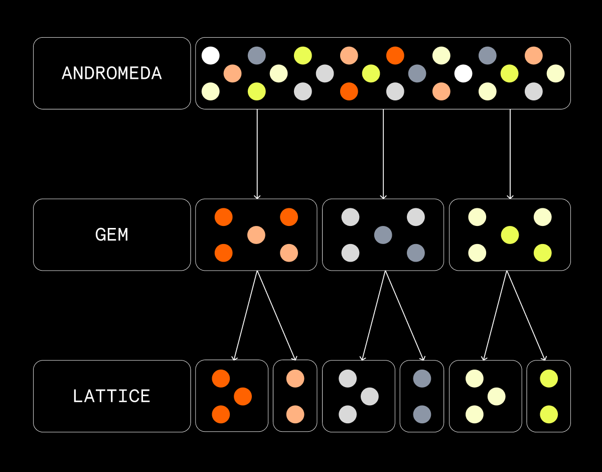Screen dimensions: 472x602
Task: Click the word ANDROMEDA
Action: [x=111, y=73]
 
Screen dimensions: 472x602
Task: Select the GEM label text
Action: [x=111, y=234]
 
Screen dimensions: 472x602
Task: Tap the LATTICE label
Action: [x=111, y=396]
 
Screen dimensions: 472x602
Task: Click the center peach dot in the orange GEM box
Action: [x=256, y=235]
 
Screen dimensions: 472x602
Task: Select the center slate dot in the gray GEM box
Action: [x=383, y=235]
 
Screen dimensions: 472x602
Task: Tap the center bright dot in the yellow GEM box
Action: [x=510, y=235]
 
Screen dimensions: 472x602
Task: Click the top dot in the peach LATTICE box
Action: [x=295, y=379]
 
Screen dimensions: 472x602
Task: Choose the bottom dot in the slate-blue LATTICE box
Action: [x=422, y=414]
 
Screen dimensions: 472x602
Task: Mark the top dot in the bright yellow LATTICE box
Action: [x=549, y=379]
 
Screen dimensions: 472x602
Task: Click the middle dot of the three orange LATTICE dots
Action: [x=243, y=396]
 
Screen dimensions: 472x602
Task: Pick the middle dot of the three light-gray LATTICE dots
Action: [x=370, y=396]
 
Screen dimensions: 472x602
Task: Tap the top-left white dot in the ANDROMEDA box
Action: [x=211, y=55]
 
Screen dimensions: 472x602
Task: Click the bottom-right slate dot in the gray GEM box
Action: [x=416, y=253]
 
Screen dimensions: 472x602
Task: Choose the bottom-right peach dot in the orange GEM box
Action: [x=289, y=253]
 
